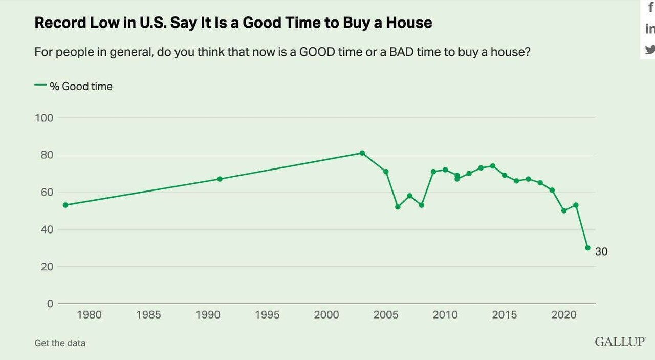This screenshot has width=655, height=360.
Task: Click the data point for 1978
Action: pos(65,205)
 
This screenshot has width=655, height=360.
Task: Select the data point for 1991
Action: pos(220,179)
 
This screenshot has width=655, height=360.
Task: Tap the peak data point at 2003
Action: pos(362,153)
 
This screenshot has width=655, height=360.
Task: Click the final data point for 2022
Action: pos(587,248)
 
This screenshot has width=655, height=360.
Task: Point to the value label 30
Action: pos(601,251)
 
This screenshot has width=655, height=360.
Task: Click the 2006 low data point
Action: pos(398,207)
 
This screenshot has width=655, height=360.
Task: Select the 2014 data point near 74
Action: pos(492,166)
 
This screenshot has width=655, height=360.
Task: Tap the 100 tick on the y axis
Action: pos(44,118)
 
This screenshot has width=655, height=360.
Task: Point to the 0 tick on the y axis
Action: pos(50,303)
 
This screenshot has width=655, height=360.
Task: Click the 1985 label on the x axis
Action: pos(148,314)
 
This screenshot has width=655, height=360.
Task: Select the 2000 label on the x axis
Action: pos(326,314)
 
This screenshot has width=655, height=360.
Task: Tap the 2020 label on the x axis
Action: pos(564,314)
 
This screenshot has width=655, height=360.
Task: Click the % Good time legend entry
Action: pos(80,87)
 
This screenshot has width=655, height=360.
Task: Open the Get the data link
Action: pos(60,343)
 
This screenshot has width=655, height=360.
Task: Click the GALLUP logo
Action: pos(620,342)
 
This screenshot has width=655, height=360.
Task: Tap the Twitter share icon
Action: pos(650,50)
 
